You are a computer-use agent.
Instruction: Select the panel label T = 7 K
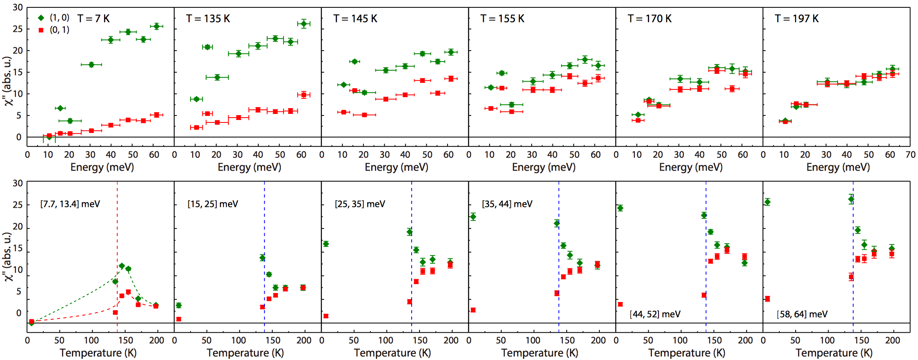[93, 19]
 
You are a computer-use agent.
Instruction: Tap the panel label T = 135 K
[208, 19]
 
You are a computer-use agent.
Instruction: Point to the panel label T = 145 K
[355, 19]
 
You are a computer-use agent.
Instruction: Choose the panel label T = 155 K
[502, 19]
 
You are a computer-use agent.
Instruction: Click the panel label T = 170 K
[650, 19]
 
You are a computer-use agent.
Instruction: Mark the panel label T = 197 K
[796, 19]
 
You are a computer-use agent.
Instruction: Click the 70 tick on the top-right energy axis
[910, 155]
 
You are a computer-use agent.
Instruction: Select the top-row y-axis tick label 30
[18, 7]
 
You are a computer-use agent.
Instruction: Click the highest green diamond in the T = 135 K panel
[304, 24]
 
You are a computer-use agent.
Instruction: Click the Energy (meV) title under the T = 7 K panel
[102, 167]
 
